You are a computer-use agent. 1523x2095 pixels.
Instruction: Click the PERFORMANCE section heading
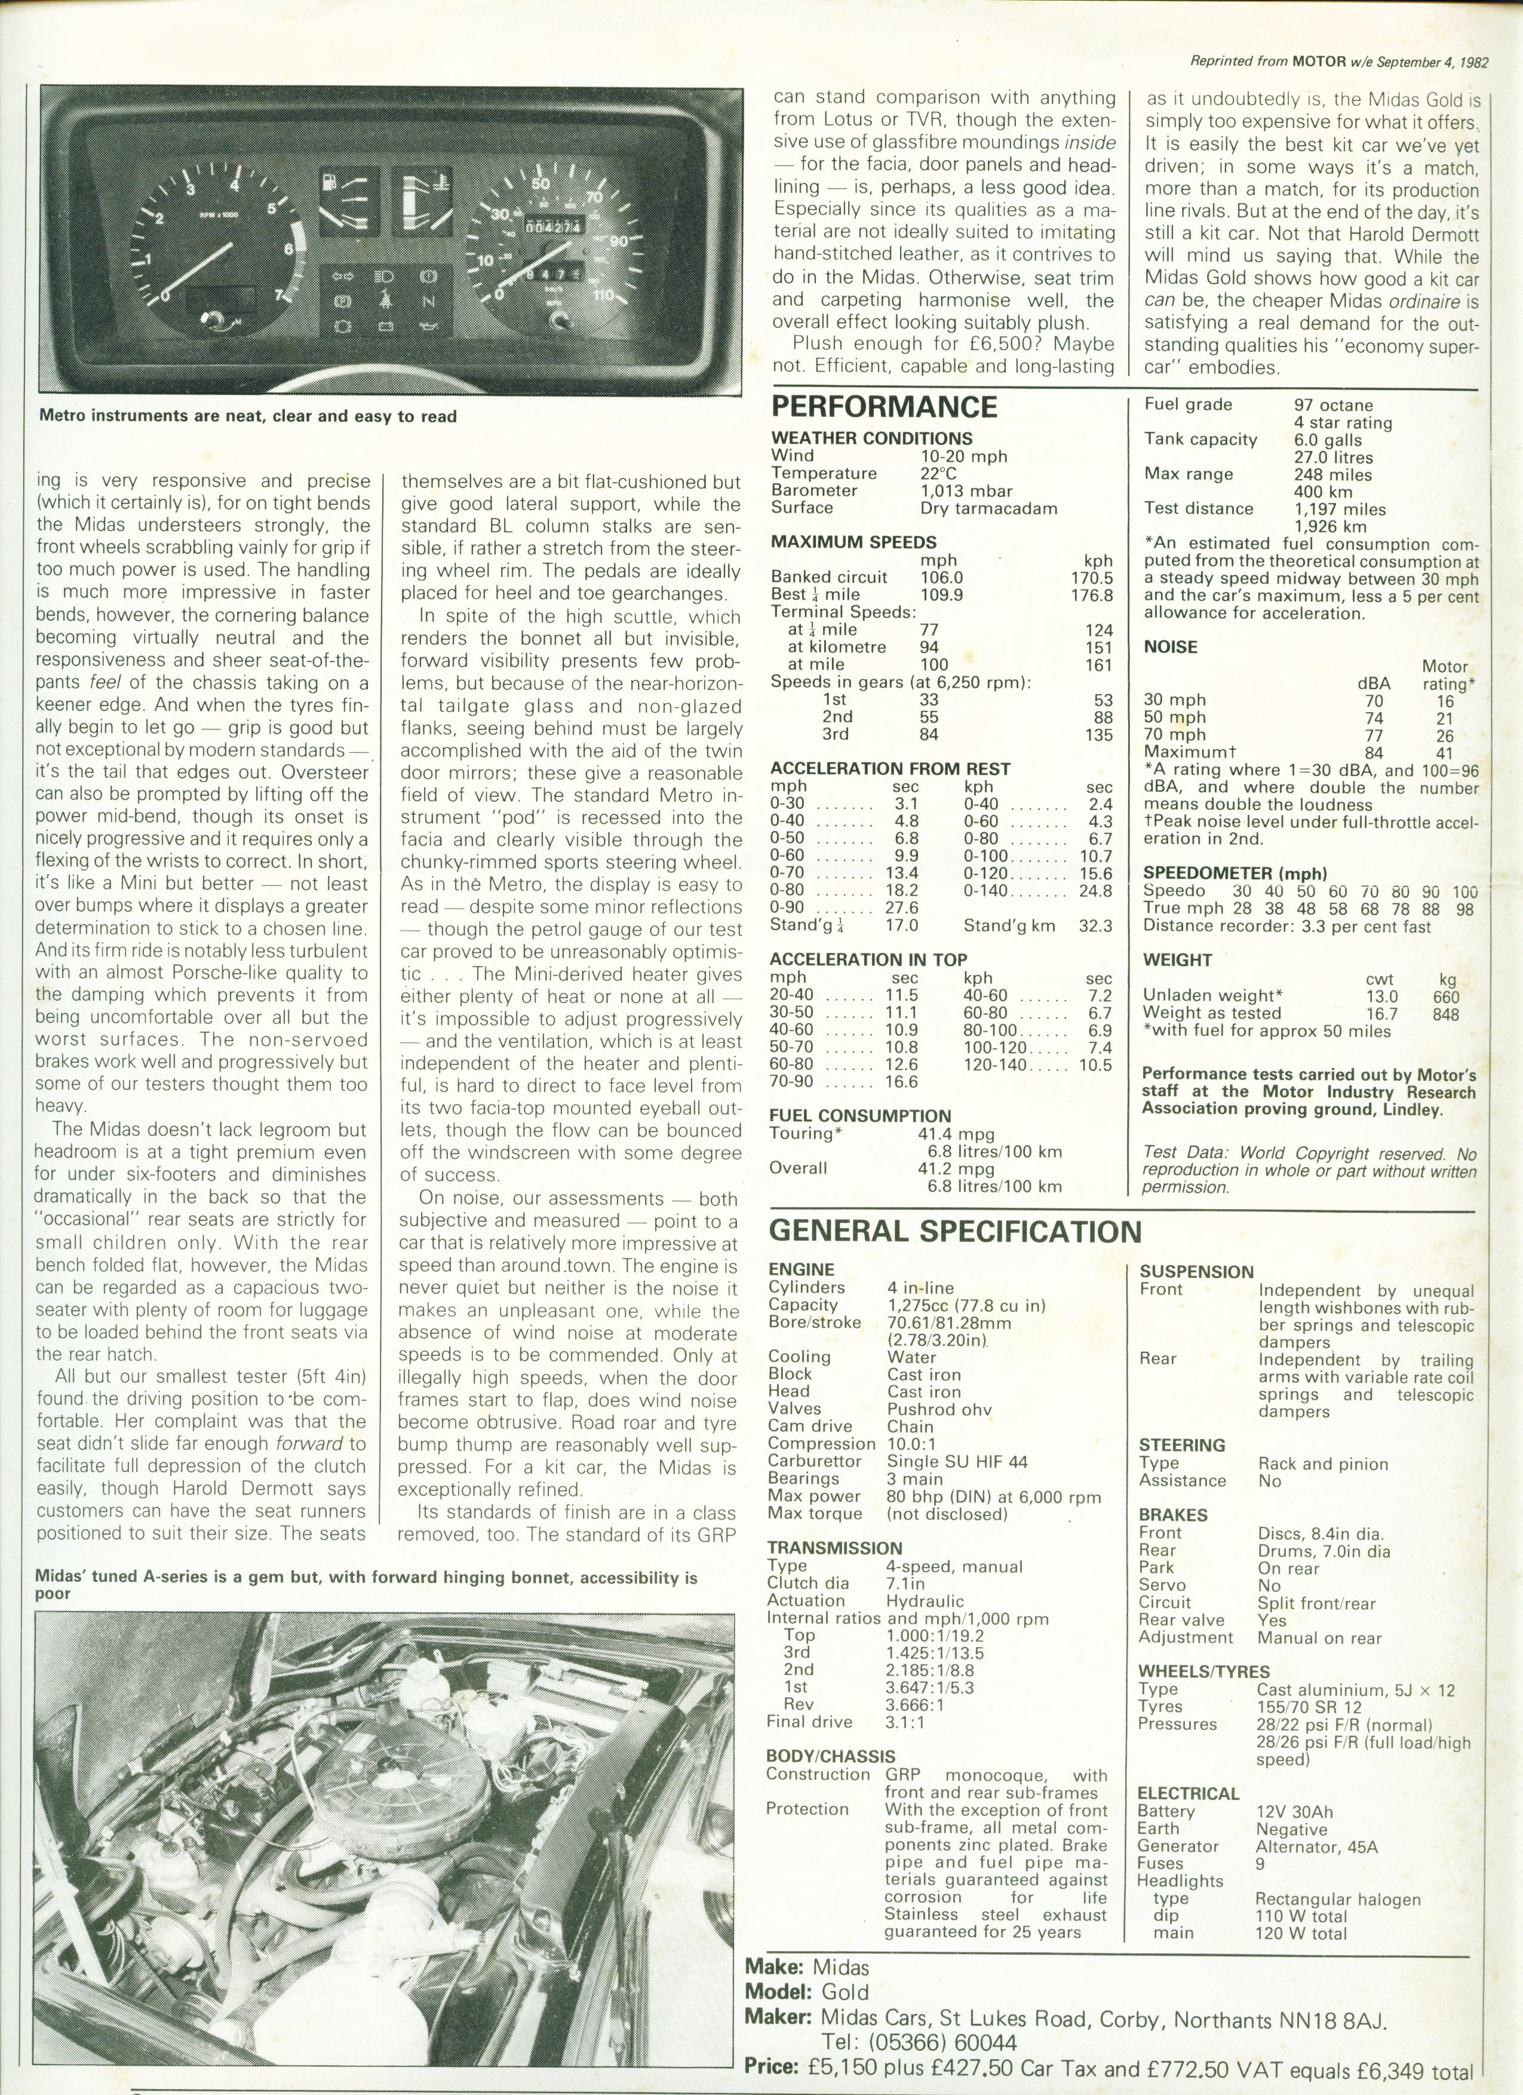click(x=884, y=406)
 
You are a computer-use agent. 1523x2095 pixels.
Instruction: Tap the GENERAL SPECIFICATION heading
click(x=955, y=1231)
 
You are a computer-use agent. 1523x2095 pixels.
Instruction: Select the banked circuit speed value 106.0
click(x=939, y=577)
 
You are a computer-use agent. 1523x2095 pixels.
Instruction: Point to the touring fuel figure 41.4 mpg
click(x=970, y=1133)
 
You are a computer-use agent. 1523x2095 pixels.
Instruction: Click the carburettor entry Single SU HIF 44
click(x=957, y=1461)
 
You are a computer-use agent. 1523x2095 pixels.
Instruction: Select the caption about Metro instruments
click(x=247, y=416)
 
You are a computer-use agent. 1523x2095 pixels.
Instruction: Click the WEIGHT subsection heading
click(x=1177, y=960)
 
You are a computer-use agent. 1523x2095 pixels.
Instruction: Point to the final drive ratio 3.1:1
click(x=904, y=1721)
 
